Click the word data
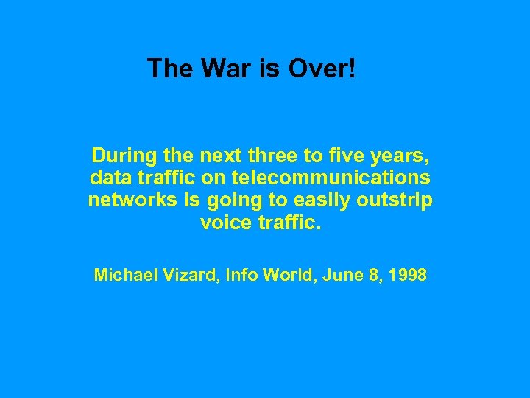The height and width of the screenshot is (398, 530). [108, 178]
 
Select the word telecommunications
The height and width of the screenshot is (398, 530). [331, 178]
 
